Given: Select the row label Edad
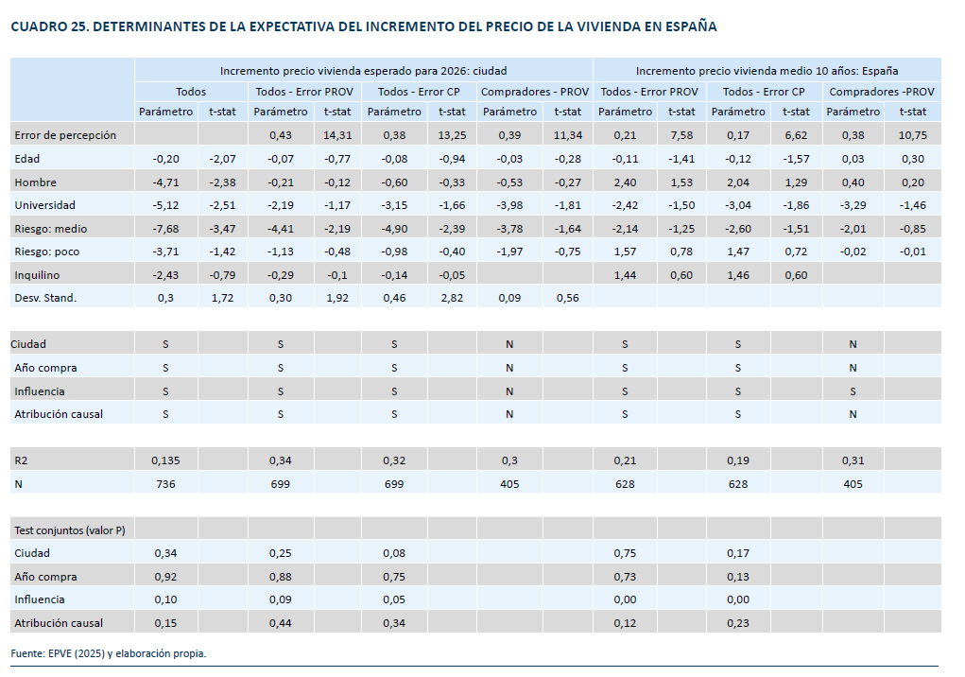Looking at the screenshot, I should tap(27, 158).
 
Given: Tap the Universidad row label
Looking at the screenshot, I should tap(44, 204).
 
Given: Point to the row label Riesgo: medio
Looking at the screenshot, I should tap(50, 228).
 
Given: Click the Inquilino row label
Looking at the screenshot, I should tap(38, 274).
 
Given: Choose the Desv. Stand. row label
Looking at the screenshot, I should tap(45, 298).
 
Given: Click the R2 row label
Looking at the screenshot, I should tap(21, 460).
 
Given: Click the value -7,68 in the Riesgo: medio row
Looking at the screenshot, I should tap(166, 228).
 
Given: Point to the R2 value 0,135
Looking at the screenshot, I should tap(166, 460).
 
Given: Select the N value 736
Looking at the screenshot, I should tap(166, 484).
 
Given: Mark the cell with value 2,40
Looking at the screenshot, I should tap(624, 182).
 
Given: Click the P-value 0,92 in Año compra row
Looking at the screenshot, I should tap(166, 577).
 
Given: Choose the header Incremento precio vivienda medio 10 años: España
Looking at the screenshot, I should tap(767, 70).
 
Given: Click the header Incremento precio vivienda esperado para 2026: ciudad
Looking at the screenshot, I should tap(364, 70).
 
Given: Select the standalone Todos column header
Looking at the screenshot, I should tap(191, 92).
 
